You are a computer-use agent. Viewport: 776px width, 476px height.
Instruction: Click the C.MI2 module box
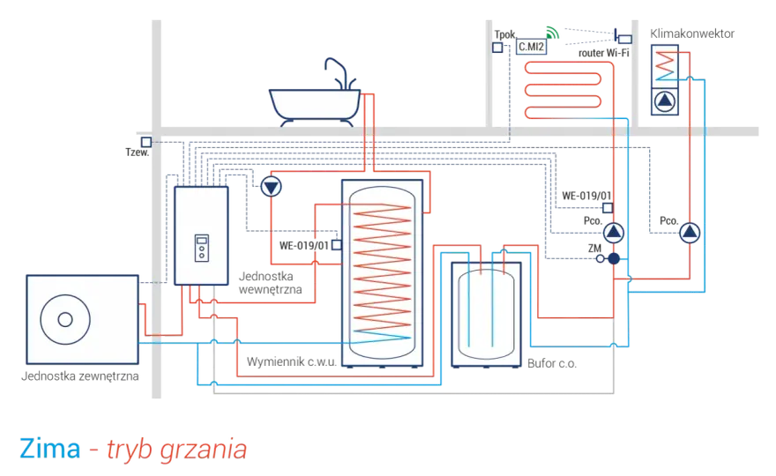pos(531,47)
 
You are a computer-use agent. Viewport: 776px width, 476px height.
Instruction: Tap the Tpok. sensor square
pos(497,48)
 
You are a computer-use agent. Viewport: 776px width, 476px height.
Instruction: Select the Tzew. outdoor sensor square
pos(146,142)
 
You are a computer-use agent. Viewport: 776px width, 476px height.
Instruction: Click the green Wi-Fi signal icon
pos(552,33)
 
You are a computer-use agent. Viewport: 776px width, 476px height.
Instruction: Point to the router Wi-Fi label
pos(604,53)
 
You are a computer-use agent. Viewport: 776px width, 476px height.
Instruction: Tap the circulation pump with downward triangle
pos(272,187)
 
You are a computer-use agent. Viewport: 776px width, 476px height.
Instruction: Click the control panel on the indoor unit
pos(201,248)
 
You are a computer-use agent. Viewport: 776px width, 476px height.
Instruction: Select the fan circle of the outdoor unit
pos(65,320)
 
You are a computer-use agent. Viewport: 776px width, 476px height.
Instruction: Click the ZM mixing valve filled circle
pos(614,258)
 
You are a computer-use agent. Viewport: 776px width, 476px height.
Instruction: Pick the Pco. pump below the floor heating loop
pos(614,233)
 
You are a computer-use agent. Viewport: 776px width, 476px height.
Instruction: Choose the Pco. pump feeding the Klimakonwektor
pos(690,233)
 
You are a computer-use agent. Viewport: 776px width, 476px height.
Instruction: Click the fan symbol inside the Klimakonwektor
pos(665,101)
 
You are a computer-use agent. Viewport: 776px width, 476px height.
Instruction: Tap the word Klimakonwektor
pos(692,33)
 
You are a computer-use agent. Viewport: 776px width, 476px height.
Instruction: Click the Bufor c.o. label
pos(552,364)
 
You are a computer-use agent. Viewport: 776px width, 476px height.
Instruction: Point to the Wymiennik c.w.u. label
pos(292,361)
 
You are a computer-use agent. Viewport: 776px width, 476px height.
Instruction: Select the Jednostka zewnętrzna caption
pos(79,376)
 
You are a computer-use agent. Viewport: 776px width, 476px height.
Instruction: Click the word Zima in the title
pos(50,449)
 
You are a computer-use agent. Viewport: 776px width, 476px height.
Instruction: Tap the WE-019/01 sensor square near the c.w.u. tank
pos(337,245)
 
